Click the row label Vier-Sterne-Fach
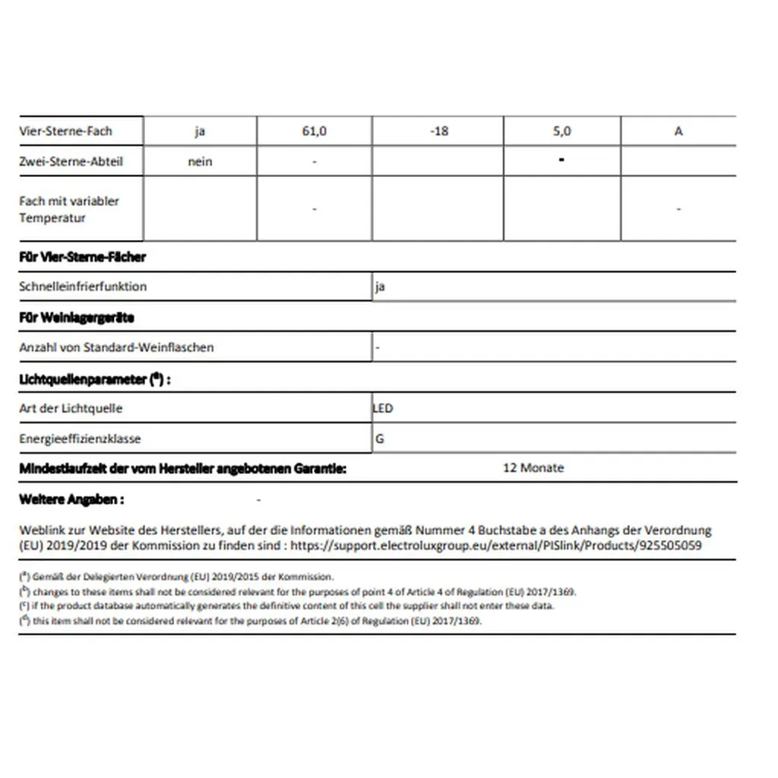[65, 131]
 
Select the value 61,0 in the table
[314, 131]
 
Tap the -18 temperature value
[438, 131]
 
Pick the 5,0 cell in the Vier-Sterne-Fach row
[561, 131]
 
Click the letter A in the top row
[678, 131]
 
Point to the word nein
[200, 161]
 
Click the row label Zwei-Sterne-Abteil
[71, 161]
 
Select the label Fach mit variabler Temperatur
[69, 209]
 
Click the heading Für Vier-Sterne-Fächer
[82, 257]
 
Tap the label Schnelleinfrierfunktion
[83, 286]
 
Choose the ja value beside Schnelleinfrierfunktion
[380, 287]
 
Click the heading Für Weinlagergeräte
[76, 317]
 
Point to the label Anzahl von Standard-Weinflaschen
[116, 347]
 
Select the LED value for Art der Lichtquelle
[383, 408]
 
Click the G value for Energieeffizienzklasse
[380, 438]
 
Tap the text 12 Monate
[533, 468]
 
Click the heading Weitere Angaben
[71, 499]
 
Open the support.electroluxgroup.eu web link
[496, 546]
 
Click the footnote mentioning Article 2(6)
[251, 620]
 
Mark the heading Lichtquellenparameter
[94, 378]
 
